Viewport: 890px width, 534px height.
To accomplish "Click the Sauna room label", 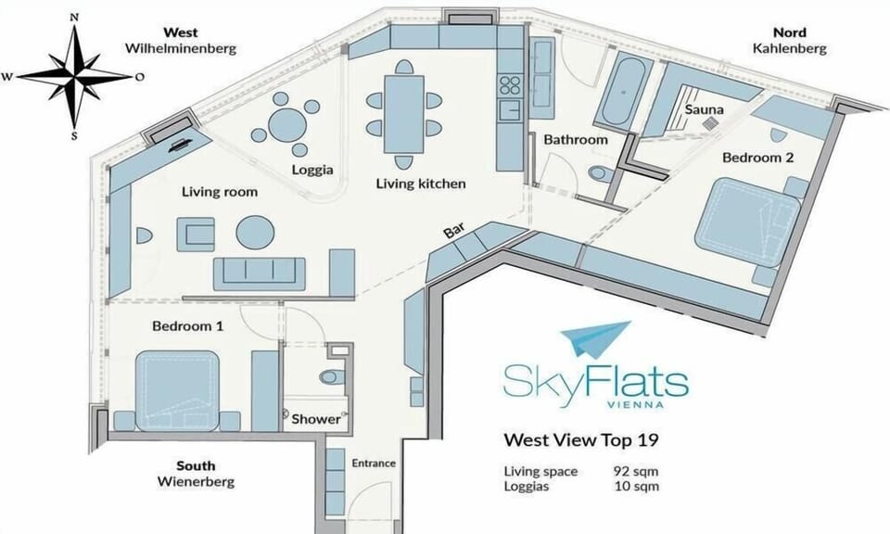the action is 704,109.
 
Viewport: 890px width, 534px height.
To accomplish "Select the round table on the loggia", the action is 287,124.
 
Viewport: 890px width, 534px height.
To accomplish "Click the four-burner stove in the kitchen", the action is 510,85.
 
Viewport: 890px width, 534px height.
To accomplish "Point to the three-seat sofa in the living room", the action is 260,274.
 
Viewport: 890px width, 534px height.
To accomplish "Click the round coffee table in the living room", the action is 256,232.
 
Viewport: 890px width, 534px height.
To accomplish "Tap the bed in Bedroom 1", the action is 178,391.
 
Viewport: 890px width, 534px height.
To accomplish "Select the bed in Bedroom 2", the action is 747,222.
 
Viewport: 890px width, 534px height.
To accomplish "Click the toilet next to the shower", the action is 331,376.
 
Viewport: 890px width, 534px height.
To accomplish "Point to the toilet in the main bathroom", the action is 601,172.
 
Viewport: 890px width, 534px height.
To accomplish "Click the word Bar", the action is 454,231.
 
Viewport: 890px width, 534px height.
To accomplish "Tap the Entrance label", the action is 374,463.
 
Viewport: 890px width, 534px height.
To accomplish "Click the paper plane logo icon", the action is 596,338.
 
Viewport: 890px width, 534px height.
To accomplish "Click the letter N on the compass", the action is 74,17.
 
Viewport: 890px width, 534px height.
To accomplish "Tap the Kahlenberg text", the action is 790,48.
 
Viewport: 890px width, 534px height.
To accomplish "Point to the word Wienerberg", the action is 196,482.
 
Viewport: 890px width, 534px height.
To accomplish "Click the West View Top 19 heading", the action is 581,439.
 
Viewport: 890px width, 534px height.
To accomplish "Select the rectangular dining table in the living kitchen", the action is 403,115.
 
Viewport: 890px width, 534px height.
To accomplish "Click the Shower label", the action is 315,419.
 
